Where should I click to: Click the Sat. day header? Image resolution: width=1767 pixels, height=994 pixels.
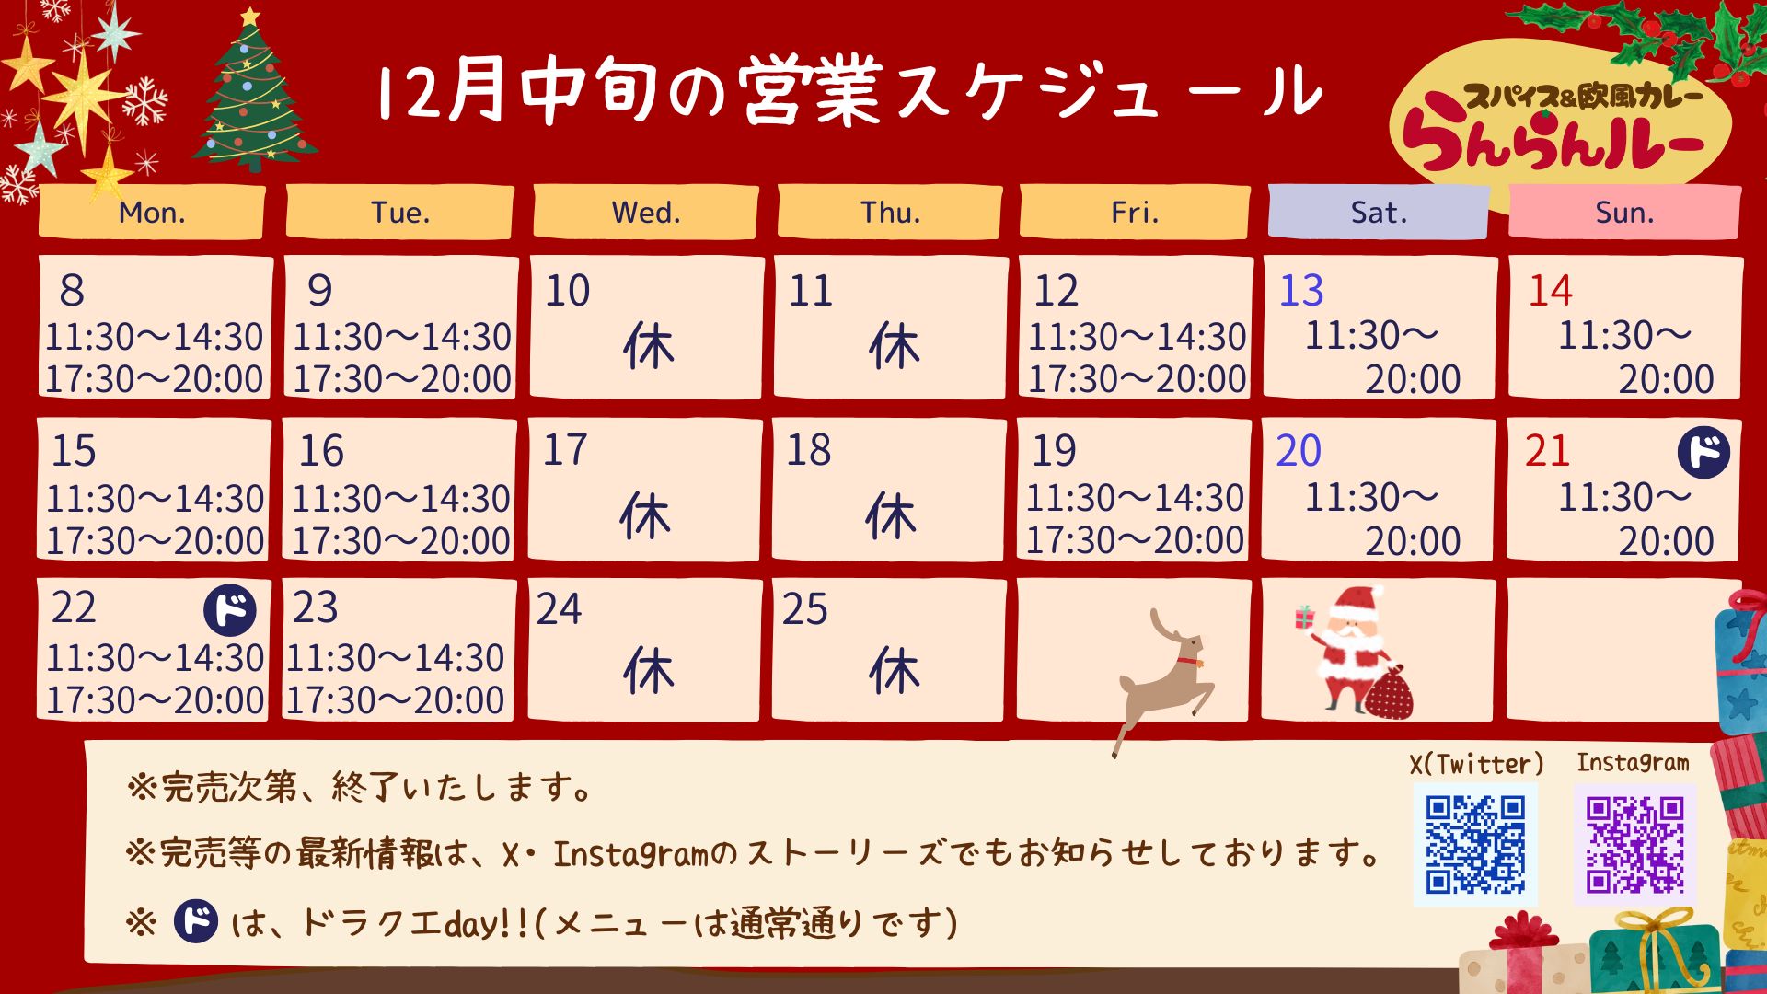(x=1378, y=213)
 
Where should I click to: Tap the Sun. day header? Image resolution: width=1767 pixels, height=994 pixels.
(x=1624, y=213)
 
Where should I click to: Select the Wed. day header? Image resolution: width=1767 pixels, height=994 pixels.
(x=646, y=213)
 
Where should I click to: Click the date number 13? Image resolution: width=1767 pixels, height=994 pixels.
(x=1301, y=291)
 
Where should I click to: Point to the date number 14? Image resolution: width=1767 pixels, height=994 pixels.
(x=1551, y=291)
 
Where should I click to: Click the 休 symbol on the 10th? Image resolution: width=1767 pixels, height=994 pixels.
(x=649, y=347)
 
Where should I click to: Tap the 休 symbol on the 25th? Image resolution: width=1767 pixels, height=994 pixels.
(x=894, y=671)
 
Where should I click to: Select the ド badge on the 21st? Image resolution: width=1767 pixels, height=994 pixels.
(x=1703, y=452)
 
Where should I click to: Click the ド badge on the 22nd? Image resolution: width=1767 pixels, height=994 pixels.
(x=230, y=610)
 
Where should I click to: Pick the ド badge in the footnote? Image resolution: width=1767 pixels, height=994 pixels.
(x=196, y=920)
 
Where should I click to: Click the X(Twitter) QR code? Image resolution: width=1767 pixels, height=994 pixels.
(x=1475, y=845)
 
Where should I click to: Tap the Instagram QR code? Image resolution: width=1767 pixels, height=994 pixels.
(x=1634, y=845)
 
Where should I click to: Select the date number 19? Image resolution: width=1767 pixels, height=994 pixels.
(x=1054, y=451)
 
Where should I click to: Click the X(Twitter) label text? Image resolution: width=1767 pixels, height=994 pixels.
(x=1476, y=764)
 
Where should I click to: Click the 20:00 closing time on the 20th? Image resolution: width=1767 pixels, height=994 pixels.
(x=1413, y=541)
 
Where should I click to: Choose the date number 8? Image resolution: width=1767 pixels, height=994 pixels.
(x=72, y=291)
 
